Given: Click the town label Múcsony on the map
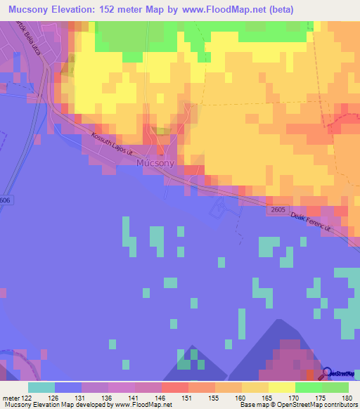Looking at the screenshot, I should [155, 162].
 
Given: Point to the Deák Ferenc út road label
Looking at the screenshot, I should [317, 225].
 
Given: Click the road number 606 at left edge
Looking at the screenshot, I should [5, 200].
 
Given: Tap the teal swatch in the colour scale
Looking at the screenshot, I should [41, 387].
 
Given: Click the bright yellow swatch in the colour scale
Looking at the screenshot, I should [281, 387].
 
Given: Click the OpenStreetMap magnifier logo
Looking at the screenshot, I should [327, 372].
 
